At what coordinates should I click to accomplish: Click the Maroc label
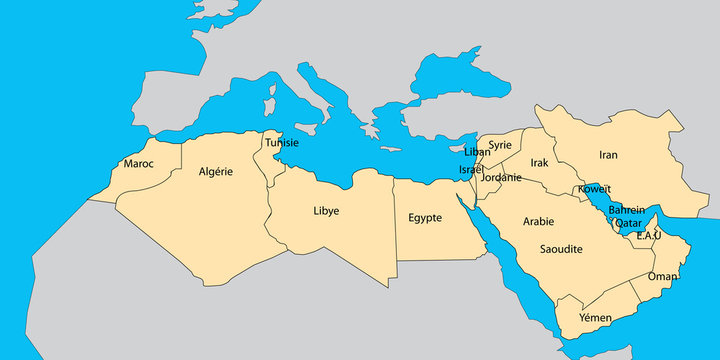pyautogui.click(x=138, y=163)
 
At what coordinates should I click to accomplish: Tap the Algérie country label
pyautogui.click(x=215, y=171)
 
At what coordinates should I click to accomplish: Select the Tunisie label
pyautogui.click(x=281, y=142)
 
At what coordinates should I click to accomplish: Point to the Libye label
pyautogui.click(x=326, y=211)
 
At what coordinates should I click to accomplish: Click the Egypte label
pyautogui.click(x=425, y=217)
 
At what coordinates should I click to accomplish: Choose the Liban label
pyautogui.click(x=478, y=152)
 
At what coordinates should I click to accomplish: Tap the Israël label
pyautogui.click(x=471, y=170)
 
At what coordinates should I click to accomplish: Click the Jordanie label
pyautogui.click(x=501, y=178)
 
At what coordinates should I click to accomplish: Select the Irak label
pyautogui.click(x=540, y=162)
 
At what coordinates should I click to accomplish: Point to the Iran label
pyautogui.click(x=608, y=155)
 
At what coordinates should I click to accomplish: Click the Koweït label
pyautogui.click(x=594, y=189)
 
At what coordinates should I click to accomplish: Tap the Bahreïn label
pyautogui.click(x=626, y=210)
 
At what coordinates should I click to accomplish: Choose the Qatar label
pyautogui.click(x=628, y=223)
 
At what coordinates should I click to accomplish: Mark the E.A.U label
pyautogui.click(x=650, y=236)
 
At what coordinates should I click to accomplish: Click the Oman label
pyautogui.click(x=662, y=277)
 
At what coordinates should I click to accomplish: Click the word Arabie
pyautogui.click(x=538, y=221)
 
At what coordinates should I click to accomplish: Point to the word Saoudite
pyautogui.click(x=561, y=248)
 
